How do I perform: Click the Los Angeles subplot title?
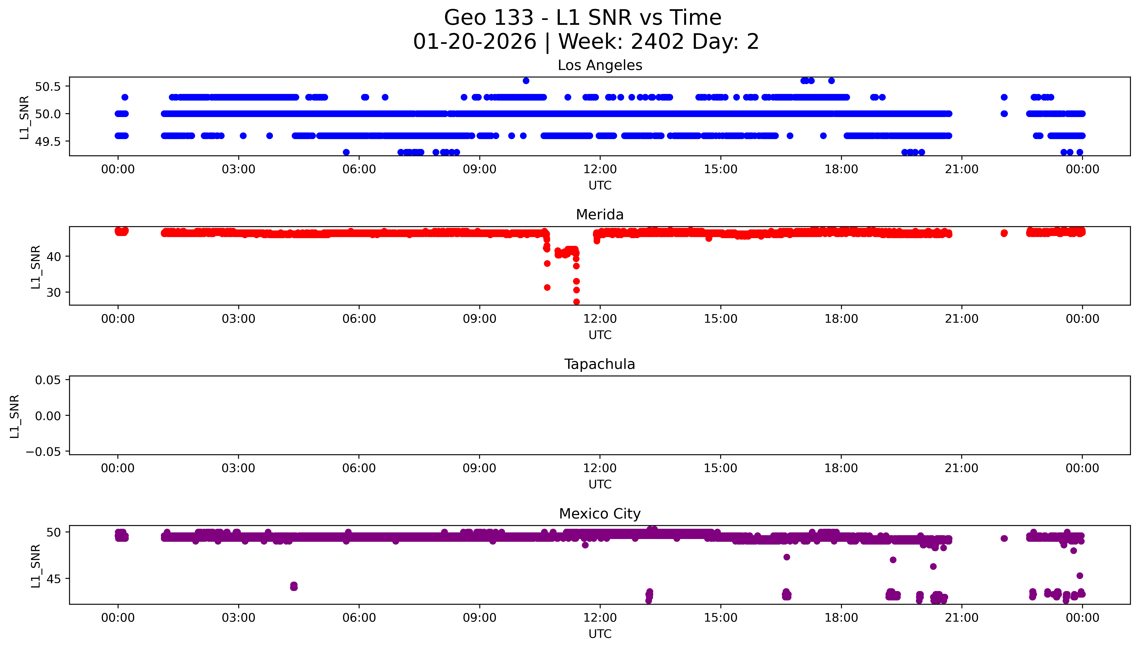600,65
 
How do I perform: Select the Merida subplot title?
600,215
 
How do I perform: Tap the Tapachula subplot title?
600,365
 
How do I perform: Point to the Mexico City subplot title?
600,514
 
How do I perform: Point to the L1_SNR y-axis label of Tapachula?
15,416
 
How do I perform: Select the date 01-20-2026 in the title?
474,42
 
